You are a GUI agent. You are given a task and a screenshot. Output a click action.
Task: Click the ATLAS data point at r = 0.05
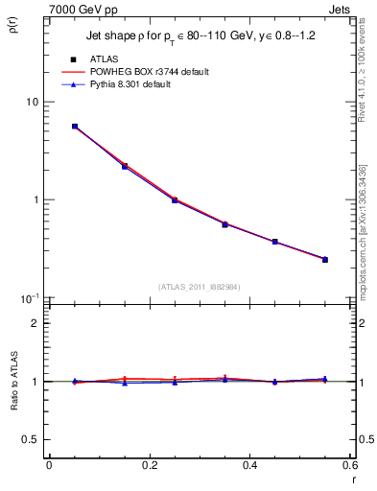[75, 127]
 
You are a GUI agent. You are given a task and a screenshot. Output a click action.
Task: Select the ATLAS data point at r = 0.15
[125, 167]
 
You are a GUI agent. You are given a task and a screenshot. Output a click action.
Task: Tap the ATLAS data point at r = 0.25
[175, 200]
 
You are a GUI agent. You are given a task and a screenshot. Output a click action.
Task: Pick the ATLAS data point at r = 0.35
[224, 224]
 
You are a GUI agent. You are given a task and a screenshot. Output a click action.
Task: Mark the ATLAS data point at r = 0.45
[275, 242]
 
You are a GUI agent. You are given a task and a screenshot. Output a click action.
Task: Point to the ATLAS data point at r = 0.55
[325, 260]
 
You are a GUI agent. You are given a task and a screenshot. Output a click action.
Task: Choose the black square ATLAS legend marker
[74, 59]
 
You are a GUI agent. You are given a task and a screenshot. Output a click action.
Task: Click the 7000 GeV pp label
[76, 10]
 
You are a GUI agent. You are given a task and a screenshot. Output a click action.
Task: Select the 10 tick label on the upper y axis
[32, 102]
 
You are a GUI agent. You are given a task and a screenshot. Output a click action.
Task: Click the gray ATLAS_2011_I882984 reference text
[200, 286]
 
